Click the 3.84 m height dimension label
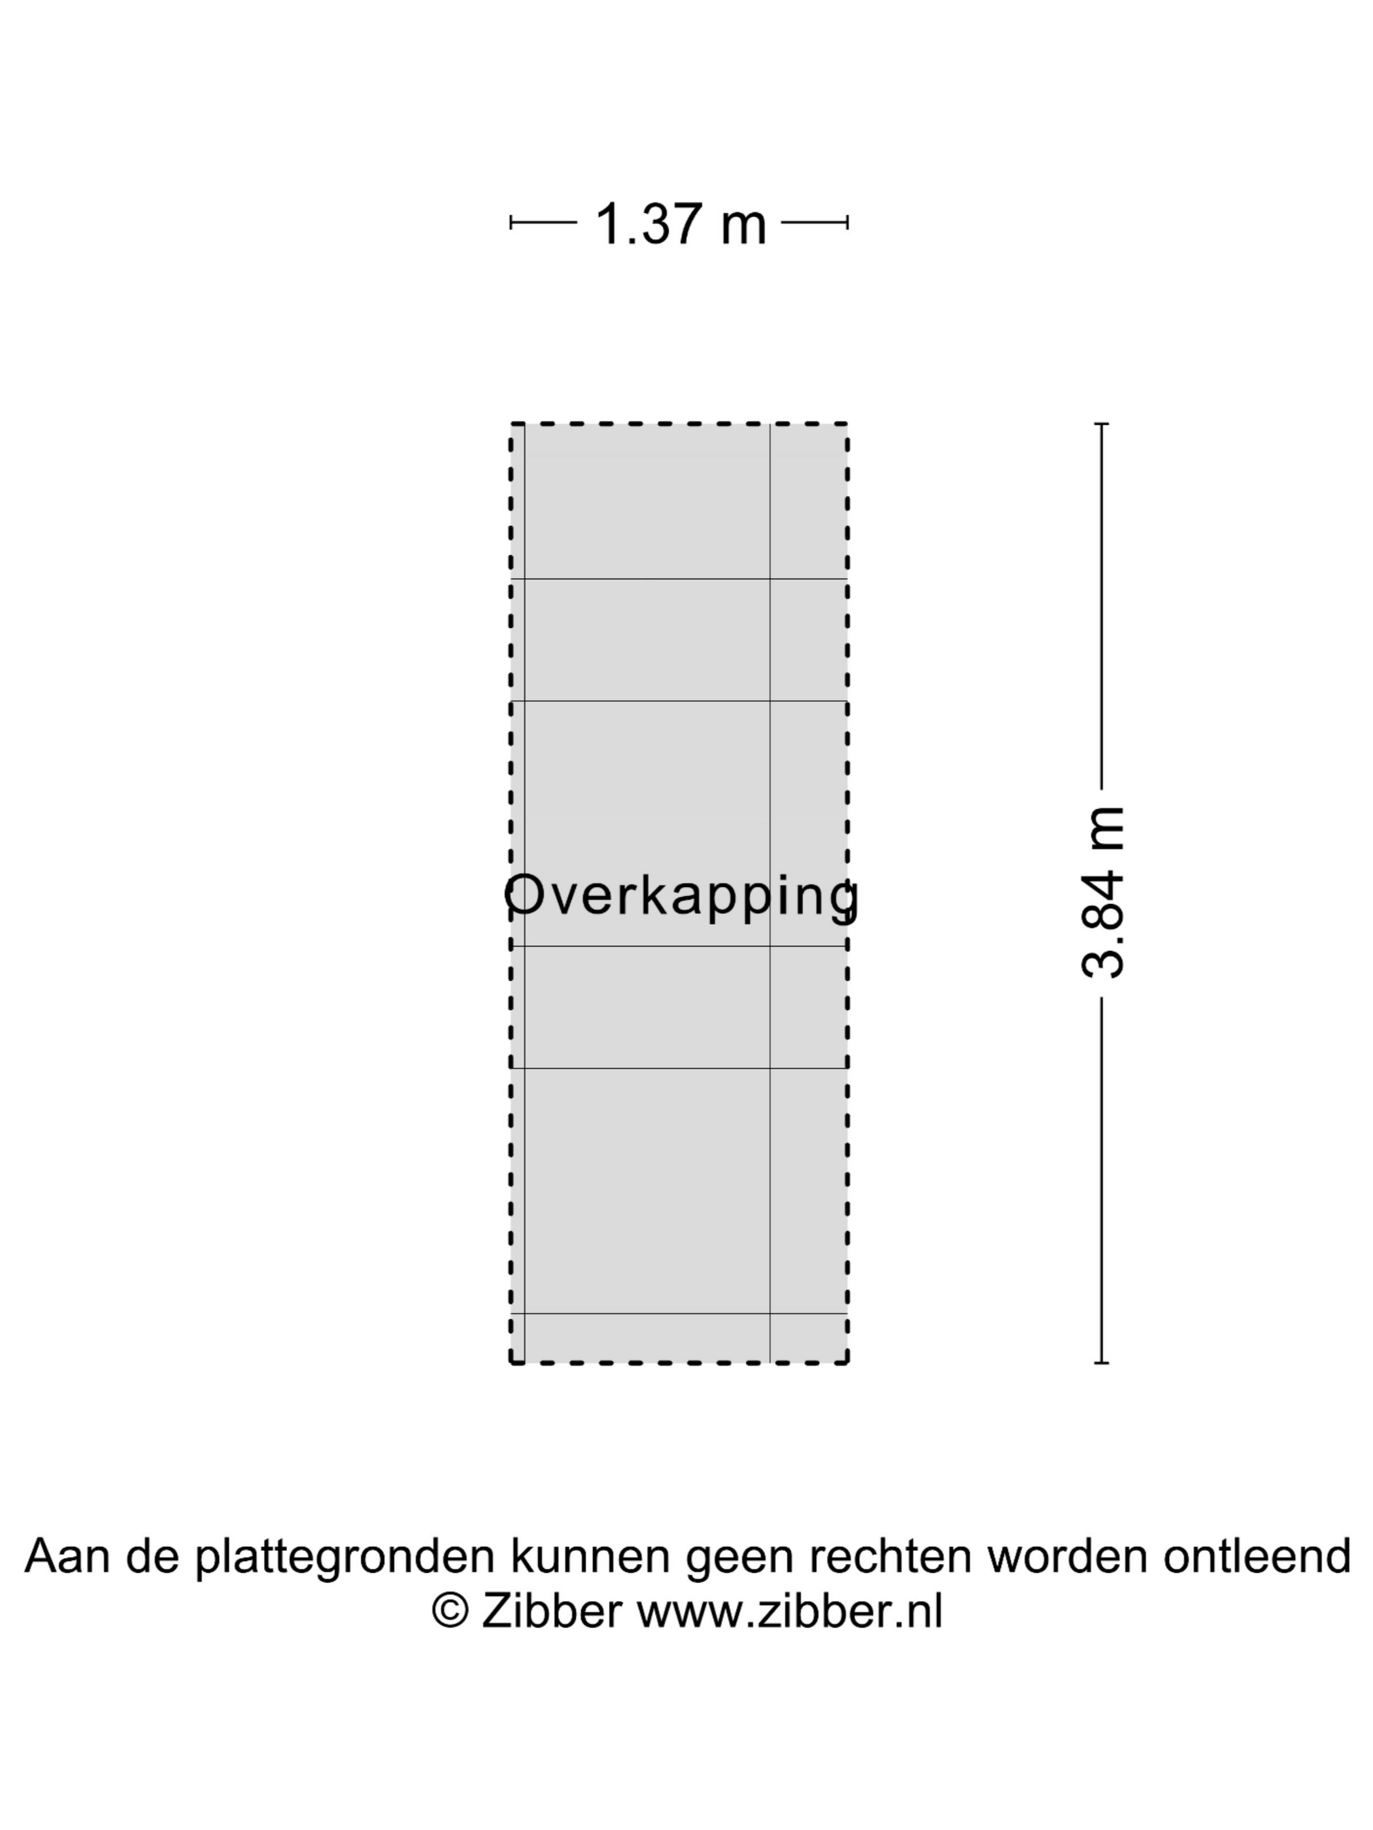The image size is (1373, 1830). (1103, 893)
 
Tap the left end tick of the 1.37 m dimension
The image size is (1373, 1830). (511, 222)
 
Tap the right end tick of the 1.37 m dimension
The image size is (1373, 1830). (847, 222)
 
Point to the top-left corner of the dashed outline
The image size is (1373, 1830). (511, 424)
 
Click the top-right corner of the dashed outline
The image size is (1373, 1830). (847, 424)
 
